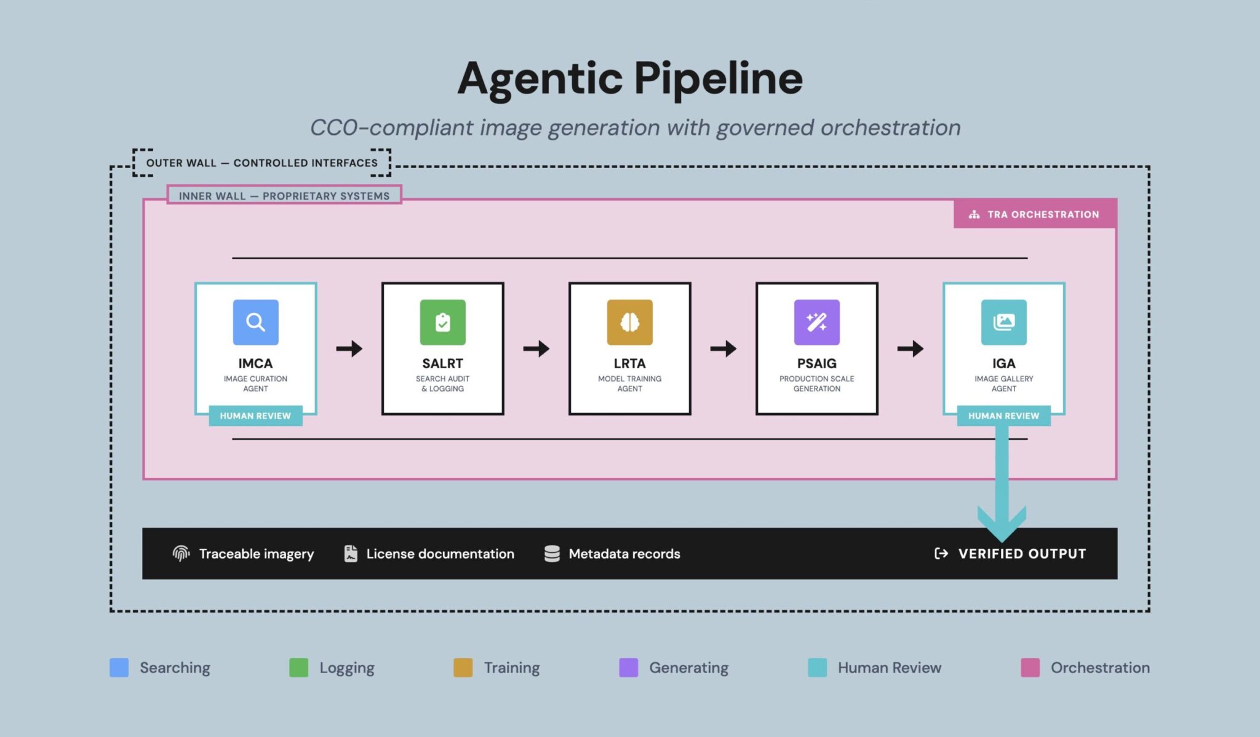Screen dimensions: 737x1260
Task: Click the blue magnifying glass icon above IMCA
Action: pyautogui.click(x=255, y=322)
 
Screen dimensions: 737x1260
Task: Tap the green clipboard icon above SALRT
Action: pyautogui.click(x=442, y=322)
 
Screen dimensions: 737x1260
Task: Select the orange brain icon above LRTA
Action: pyautogui.click(x=629, y=322)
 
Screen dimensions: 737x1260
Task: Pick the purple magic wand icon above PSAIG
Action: pyautogui.click(x=816, y=322)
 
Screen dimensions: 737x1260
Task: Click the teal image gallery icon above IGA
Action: pyautogui.click(x=1003, y=322)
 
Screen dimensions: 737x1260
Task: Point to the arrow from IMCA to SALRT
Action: pyautogui.click(x=349, y=348)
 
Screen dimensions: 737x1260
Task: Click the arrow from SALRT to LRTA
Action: pyautogui.click(x=536, y=348)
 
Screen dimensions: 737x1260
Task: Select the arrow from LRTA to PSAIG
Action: pyautogui.click(x=723, y=348)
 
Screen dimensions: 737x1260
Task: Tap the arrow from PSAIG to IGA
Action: pyautogui.click(x=910, y=348)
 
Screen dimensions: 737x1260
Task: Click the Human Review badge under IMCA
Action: pyautogui.click(x=255, y=416)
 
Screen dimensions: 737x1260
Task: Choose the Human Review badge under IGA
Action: pyautogui.click(x=1003, y=416)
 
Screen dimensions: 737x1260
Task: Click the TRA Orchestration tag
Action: pyautogui.click(x=1035, y=214)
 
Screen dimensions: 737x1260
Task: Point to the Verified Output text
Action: pyautogui.click(x=1022, y=554)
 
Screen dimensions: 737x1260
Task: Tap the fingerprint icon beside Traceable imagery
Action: pyautogui.click(x=181, y=554)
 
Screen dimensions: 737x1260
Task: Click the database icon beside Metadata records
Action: pyautogui.click(x=552, y=554)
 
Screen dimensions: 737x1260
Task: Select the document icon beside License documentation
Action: pyautogui.click(x=351, y=554)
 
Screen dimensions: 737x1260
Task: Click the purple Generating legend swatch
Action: pyautogui.click(x=628, y=667)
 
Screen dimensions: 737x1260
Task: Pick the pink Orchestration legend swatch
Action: pyautogui.click(x=1030, y=667)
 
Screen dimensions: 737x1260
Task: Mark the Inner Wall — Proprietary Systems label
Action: pyautogui.click(x=284, y=196)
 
